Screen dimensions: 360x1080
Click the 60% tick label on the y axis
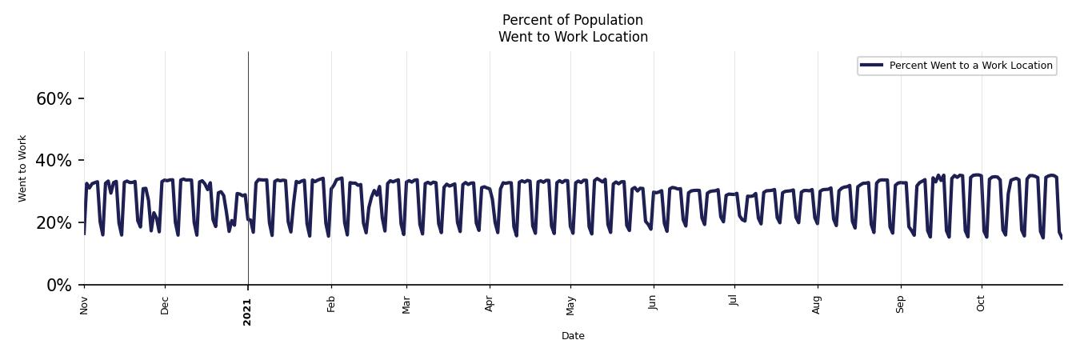click(54, 99)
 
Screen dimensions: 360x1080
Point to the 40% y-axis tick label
click(54, 161)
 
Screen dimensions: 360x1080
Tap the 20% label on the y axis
click(54, 223)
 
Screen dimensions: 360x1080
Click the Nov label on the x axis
click(84, 305)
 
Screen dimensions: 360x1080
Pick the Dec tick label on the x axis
click(165, 306)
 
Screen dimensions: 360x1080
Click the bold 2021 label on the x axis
click(247, 311)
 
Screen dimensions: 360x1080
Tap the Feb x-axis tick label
click(331, 305)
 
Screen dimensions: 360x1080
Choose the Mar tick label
click(406, 305)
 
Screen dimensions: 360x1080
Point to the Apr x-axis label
click(490, 305)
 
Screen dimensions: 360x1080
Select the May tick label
click(570, 306)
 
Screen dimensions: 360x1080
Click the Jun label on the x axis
click(653, 304)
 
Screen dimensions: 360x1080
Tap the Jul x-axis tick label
click(734, 303)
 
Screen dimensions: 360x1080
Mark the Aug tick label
click(817, 305)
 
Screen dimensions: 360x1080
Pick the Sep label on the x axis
click(901, 305)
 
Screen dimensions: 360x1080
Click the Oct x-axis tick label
click(982, 304)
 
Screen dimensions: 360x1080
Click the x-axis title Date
click(573, 336)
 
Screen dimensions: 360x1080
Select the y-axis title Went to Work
click(22, 168)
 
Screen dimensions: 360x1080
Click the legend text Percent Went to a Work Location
click(970, 66)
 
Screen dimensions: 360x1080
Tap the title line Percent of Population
click(573, 20)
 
